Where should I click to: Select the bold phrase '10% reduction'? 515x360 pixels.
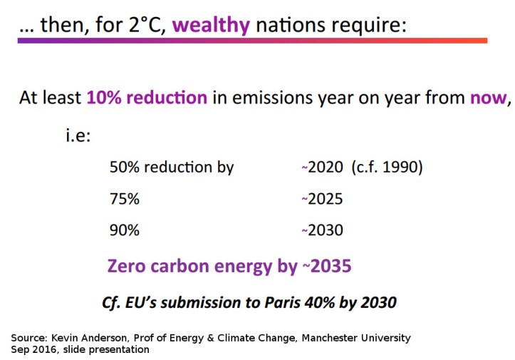tap(147, 98)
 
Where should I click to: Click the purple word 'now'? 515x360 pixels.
tap(487, 98)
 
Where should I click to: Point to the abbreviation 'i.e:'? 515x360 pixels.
tap(78, 135)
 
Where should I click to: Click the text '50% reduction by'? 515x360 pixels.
tap(172, 168)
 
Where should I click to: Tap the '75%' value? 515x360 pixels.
tap(125, 199)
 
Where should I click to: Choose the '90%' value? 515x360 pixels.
tap(125, 230)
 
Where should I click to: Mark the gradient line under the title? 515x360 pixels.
tap(252, 41)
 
